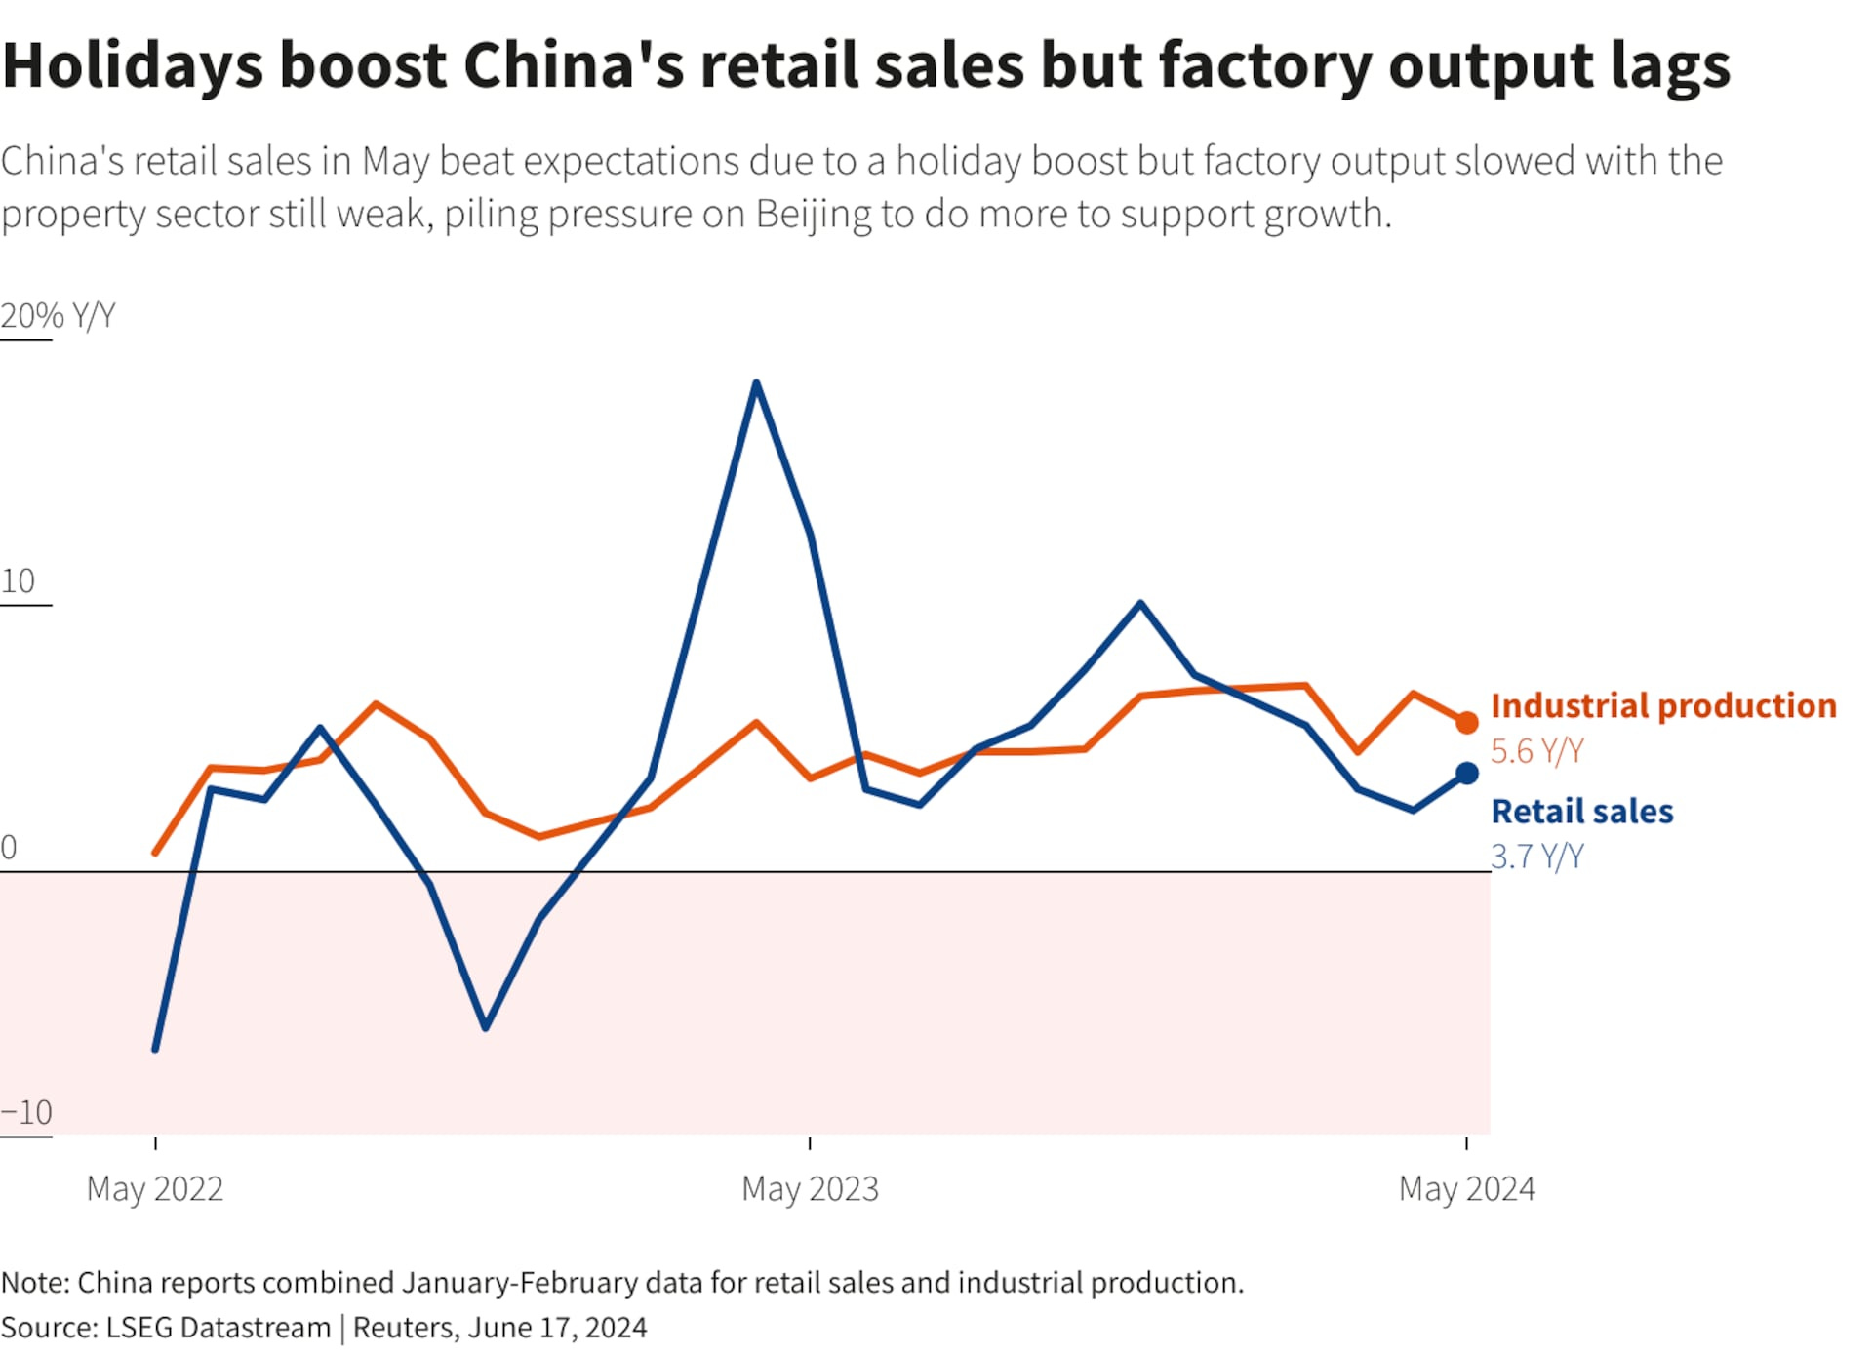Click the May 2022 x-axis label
coord(155,1188)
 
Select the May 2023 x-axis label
coord(810,1188)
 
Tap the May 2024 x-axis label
coord(1466,1188)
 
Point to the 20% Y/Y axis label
coord(58,316)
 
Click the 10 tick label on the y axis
coord(19,581)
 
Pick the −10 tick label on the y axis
coord(26,1112)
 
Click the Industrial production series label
coord(1663,705)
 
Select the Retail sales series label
coord(1581,811)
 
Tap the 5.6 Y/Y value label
coord(1536,751)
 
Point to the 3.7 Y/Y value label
coord(1536,857)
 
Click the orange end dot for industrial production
coord(1466,723)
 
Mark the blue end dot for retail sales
coord(1466,774)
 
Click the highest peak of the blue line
coord(757,382)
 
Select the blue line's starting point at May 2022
coord(156,1049)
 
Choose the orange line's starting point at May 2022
coord(156,853)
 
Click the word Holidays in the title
coord(133,66)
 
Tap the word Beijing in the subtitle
coord(813,215)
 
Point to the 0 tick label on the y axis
coord(9,847)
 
